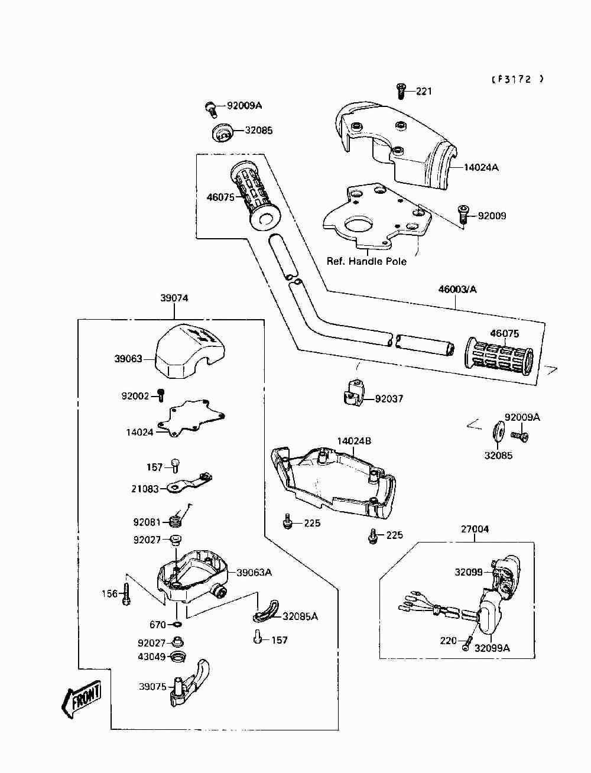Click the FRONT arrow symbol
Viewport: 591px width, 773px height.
(82, 700)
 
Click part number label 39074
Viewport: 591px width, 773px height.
(174, 298)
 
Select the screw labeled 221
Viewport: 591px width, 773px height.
(401, 90)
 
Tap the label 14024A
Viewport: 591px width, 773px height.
(480, 167)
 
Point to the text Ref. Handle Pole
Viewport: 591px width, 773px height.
(366, 261)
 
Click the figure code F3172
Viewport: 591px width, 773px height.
(517, 79)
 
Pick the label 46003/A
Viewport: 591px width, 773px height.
(457, 289)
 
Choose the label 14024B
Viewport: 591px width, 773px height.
(354, 441)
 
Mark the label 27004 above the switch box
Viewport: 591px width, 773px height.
(475, 529)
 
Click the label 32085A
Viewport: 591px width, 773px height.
(300, 616)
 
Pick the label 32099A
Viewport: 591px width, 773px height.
(492, 648)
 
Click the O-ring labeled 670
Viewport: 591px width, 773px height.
(177, 624)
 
